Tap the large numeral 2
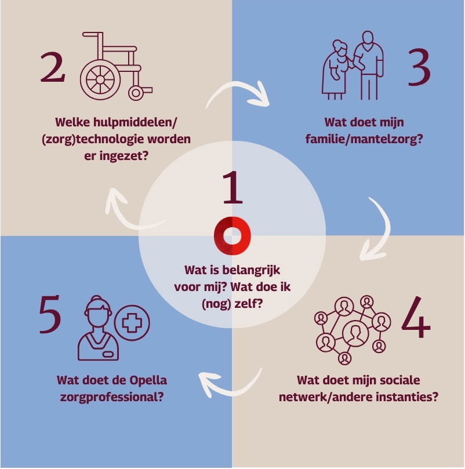53,67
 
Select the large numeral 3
419,68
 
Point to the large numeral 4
416,318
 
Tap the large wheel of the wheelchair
100,79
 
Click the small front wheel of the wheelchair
136,93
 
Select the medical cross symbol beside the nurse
132,323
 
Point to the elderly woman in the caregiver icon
336,70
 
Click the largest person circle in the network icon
355,333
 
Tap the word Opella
148,380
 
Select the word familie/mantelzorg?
364,139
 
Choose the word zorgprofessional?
112,398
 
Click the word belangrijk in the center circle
251,270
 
